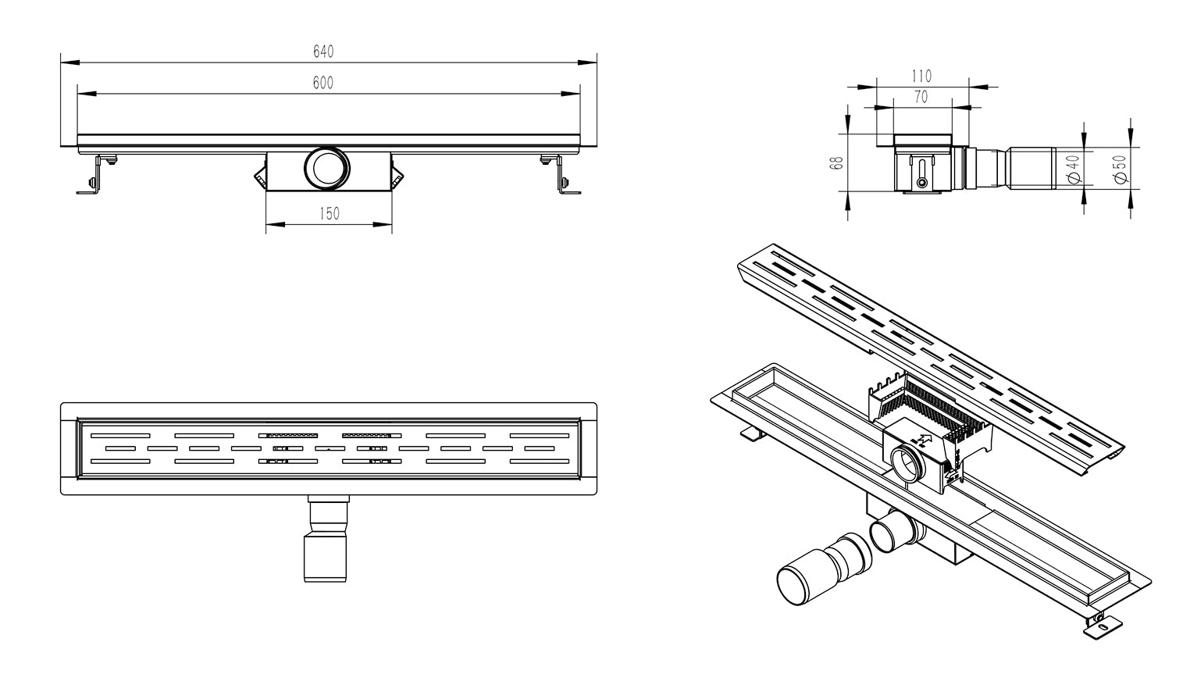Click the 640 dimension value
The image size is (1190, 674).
pyautogui.click(x=323, y=52)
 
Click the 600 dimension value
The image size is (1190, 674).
pyautogui.click(x=323, y=84)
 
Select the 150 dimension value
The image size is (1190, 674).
pyautogui.click(x=330, y=214)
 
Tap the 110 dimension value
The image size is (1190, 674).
pyautogui.click(x=921, y=76)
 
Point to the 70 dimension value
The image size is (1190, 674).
pyautogui.click(x=921, y=97)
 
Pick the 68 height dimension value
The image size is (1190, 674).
pyautogui.click(x=836, y=163)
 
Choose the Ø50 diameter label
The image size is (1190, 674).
pyautogui.click(x=1121, y=169)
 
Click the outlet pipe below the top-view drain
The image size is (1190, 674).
pyautogui.click(x=324, y=539)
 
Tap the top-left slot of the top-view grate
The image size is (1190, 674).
pyautogui.click(x=120, y=434)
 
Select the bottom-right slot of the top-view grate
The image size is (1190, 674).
pyautogui.click(x=539, y=462)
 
